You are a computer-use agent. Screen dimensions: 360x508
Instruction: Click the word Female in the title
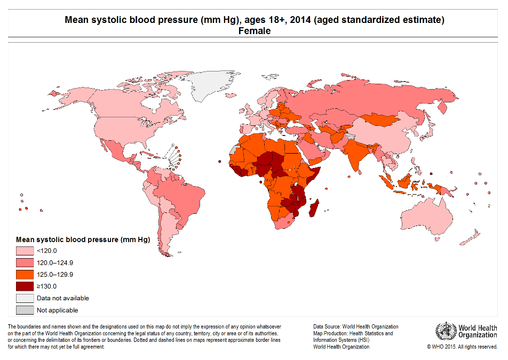pyautogui.click(x=254, y=31)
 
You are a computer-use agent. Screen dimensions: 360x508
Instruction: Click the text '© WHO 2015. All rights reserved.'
pyautogui.click(x=462, y=347)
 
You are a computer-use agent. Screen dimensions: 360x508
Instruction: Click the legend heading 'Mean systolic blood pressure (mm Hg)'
pyautogui.click(x=83, y=239)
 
